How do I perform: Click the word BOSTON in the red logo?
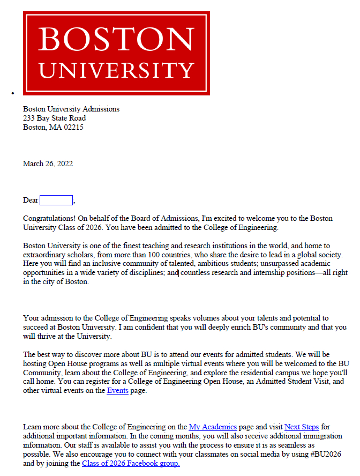pos(116,39)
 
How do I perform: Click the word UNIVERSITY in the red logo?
pos(116,70)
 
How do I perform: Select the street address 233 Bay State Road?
pos(54,118)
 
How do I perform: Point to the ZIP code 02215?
pos(73,127)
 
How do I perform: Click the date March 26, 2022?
pos(48,163)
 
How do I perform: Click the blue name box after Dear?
pos(56,200)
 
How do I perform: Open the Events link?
pos(117,391)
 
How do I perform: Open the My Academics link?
pos(213,427)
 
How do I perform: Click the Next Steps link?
pos(302,427)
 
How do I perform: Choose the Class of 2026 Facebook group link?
pos(131,464)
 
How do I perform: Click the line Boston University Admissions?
pos(71,109)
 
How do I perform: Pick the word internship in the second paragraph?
pos(260,273)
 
